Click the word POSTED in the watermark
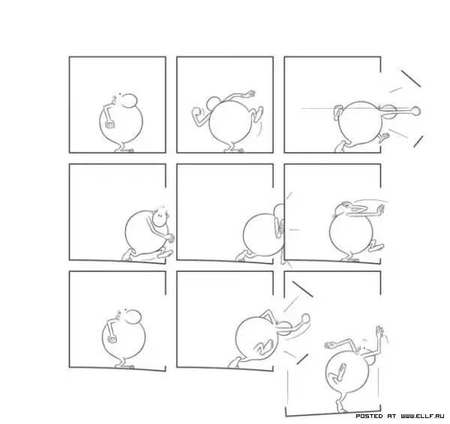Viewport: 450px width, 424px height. (369, 416)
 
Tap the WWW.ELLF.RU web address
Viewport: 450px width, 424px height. (422, 416)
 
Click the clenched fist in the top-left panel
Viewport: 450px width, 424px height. (110, 125)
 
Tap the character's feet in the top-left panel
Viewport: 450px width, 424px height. (124, 150)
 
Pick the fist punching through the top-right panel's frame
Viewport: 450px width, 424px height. (415, 111)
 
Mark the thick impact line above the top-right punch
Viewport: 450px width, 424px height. (411, 78)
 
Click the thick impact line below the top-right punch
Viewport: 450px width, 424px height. (418, 142)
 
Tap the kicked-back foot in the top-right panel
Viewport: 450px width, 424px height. (384, 137)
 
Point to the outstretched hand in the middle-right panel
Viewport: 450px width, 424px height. (381, 210)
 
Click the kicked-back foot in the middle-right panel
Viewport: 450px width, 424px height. (376, 247)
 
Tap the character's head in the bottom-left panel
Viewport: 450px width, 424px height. (133, 317)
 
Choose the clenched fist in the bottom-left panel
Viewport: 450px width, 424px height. (112, 339)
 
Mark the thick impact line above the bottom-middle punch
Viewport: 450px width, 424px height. (302, 288)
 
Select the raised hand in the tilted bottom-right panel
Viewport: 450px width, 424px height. (379, 332)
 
